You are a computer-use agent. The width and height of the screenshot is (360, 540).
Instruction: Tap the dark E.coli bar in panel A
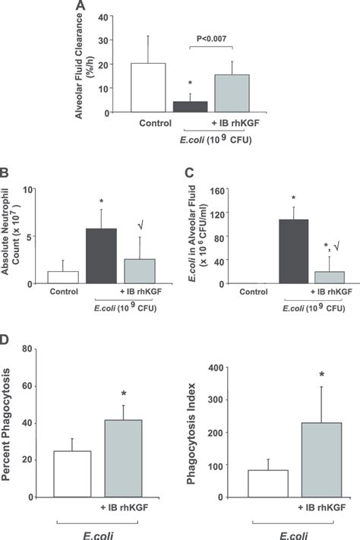pyautogui.click(x=191, y=107)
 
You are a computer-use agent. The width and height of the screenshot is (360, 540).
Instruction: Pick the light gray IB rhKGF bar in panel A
pyautogui.click(x=232, y=94)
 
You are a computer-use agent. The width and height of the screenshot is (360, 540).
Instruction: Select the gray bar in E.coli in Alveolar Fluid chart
pyautogui.click(x=328, y=277)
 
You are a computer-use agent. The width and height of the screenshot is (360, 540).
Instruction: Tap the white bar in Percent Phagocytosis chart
pyautogui.click(x=72, y=474)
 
